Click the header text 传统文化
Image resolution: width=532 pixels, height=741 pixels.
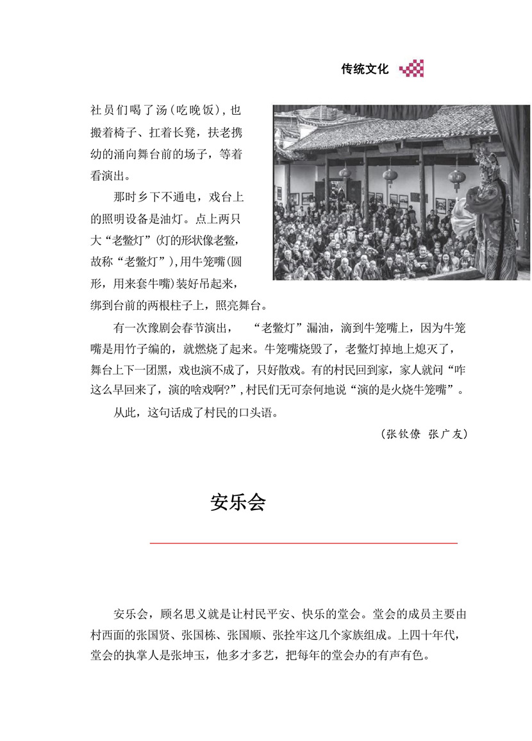point(365,69)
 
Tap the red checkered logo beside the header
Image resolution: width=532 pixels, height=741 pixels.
point(411,69)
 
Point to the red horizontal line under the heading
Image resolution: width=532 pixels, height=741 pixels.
point(303,543)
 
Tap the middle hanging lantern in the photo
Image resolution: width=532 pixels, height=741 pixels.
point(389,175)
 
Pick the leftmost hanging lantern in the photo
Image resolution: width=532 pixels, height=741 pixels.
point(345,172)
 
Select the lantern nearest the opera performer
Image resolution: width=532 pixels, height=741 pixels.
point(456,176)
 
